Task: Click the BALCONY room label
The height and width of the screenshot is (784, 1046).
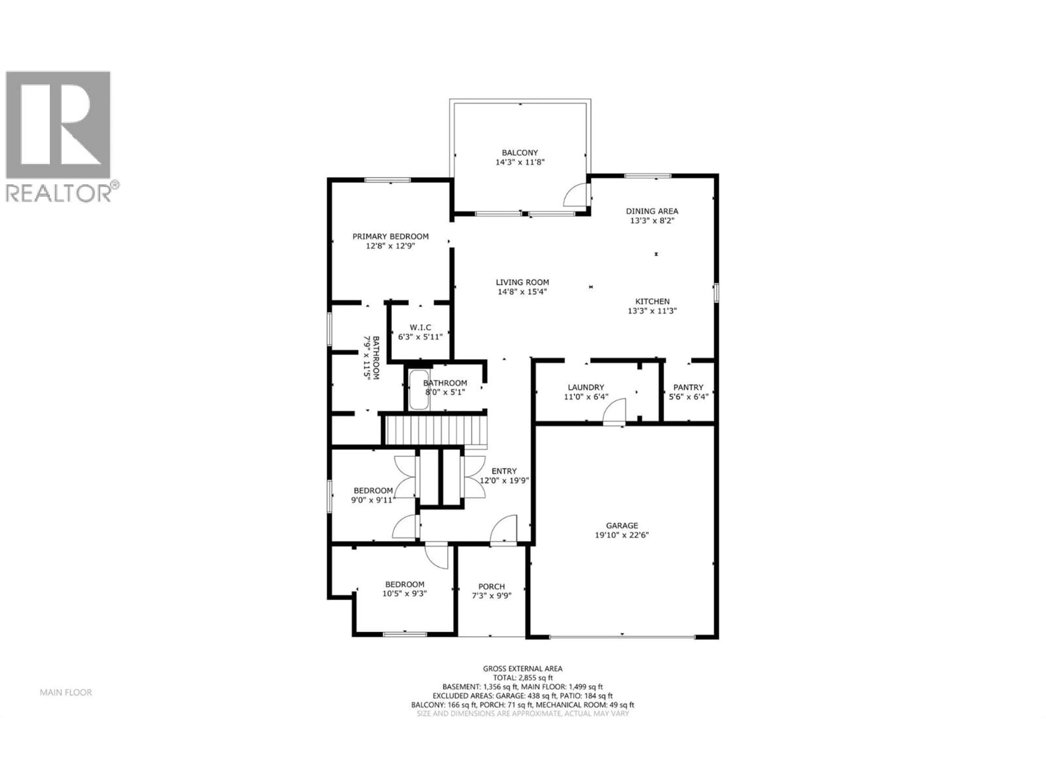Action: point(520,153)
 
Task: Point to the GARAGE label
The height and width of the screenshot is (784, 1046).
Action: point(622,525)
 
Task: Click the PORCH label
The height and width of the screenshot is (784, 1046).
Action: point(491,586)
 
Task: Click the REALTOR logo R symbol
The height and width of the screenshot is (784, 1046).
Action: point(58,125)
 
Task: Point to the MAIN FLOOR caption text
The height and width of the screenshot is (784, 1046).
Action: point(66,692)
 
